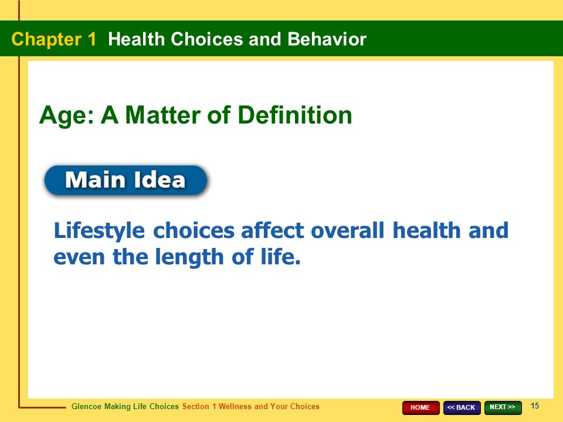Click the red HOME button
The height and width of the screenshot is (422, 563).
pos(420,408)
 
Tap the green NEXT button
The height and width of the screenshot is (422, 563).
pos(503,408)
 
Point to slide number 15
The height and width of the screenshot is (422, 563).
pos(535,406)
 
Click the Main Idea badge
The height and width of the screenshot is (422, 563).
pos(126,180)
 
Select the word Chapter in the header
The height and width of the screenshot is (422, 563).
pos(46,39)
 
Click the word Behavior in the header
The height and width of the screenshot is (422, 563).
pos(327,39)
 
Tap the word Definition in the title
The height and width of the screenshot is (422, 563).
pos(295,115)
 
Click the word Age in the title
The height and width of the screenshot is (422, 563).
pos(66,116)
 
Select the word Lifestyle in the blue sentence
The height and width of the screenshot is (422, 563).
pos(99,231)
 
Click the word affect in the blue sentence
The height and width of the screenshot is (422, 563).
pos(273,230)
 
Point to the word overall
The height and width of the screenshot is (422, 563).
pos(348,230)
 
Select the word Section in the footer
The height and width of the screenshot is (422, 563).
pos(196,407)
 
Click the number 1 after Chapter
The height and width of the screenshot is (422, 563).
pos(92,39)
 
